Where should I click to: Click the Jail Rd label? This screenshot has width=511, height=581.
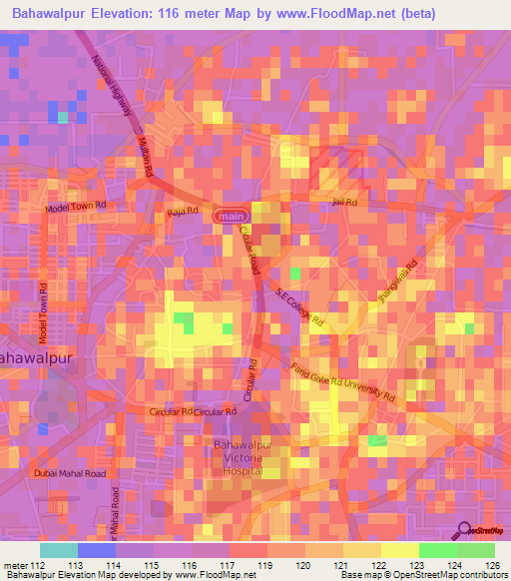click(x=344, y=203)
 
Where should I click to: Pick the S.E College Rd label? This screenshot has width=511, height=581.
click(x=301, y=305)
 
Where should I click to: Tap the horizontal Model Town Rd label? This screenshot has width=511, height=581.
click(x=76, y=208)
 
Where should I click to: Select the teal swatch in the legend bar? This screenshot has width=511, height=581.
click(x=59, y=550)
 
